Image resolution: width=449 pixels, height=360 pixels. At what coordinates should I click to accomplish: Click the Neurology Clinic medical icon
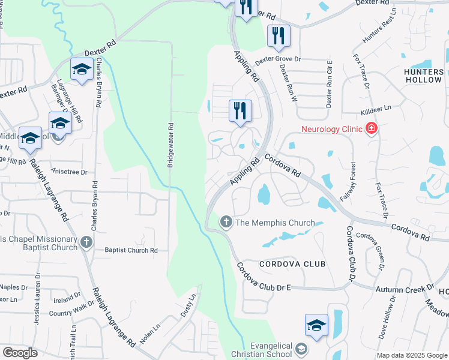click(x=372, y=129)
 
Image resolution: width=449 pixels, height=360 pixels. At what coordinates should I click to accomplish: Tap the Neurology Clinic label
click(x=332, y=129)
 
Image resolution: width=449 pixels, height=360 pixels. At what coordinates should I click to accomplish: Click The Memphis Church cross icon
click(x=226, y=223)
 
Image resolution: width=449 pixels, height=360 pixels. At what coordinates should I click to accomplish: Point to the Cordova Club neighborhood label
click(x=292, y=264)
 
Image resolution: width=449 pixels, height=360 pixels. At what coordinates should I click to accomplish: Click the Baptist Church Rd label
click(x=131, y=250)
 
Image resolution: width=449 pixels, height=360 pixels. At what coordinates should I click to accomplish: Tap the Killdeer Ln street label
click(x=376, y=109)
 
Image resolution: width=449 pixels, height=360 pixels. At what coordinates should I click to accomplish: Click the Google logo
click(x=20, y=353)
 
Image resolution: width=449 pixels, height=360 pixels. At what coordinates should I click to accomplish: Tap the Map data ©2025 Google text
click(x=412, y=355)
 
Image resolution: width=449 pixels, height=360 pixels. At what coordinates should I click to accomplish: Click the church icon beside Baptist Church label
click(x=86, y=243)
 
